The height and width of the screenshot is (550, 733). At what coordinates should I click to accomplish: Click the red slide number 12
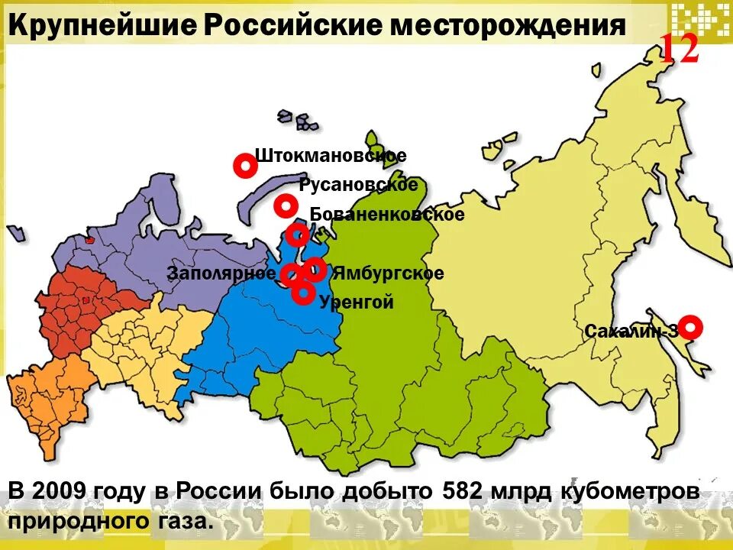point(679,50)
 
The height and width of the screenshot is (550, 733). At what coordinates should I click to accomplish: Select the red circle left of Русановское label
point(286,205)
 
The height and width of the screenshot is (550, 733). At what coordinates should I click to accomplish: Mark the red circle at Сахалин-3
point(690,327)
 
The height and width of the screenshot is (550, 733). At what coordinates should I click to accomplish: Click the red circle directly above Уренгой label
point(303,291)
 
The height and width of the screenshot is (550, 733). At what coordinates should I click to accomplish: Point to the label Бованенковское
point(387,215)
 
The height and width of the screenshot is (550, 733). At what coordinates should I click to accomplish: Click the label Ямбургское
point(388,273)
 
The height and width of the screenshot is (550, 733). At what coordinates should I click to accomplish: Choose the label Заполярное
point(222,273)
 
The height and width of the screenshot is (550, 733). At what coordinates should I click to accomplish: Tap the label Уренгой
point(357,302)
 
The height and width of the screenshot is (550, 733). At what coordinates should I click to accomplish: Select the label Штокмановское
point(331,156)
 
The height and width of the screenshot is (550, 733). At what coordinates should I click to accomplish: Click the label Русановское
point(359,185)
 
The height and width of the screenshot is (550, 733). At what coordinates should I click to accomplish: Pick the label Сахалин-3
point(631,332)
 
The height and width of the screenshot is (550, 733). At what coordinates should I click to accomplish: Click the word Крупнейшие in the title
point(101,27)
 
